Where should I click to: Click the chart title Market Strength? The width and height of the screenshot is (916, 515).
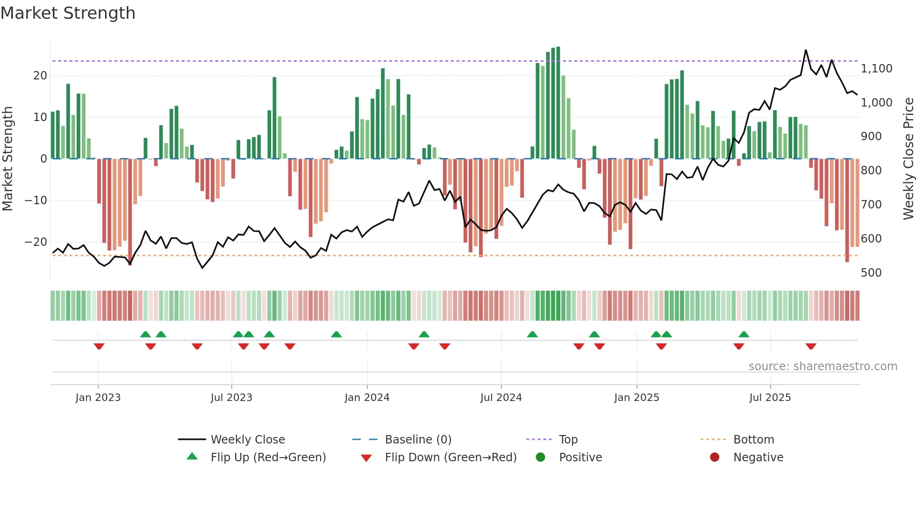68,13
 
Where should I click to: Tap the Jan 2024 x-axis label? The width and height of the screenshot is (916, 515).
367,398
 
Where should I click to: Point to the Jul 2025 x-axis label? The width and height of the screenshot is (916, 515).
770,398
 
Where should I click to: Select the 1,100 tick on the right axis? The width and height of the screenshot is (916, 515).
876,69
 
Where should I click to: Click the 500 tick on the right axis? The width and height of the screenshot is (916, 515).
871,273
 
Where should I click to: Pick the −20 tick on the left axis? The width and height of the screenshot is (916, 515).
36,242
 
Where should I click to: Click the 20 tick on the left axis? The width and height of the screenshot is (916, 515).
40,76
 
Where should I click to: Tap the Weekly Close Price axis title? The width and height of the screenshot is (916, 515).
908,159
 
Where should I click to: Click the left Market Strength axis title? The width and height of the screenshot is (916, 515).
7,159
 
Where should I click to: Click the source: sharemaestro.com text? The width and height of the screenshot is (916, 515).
823,366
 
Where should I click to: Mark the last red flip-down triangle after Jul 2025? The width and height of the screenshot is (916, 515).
811,346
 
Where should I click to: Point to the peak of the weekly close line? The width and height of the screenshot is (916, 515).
806,50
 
